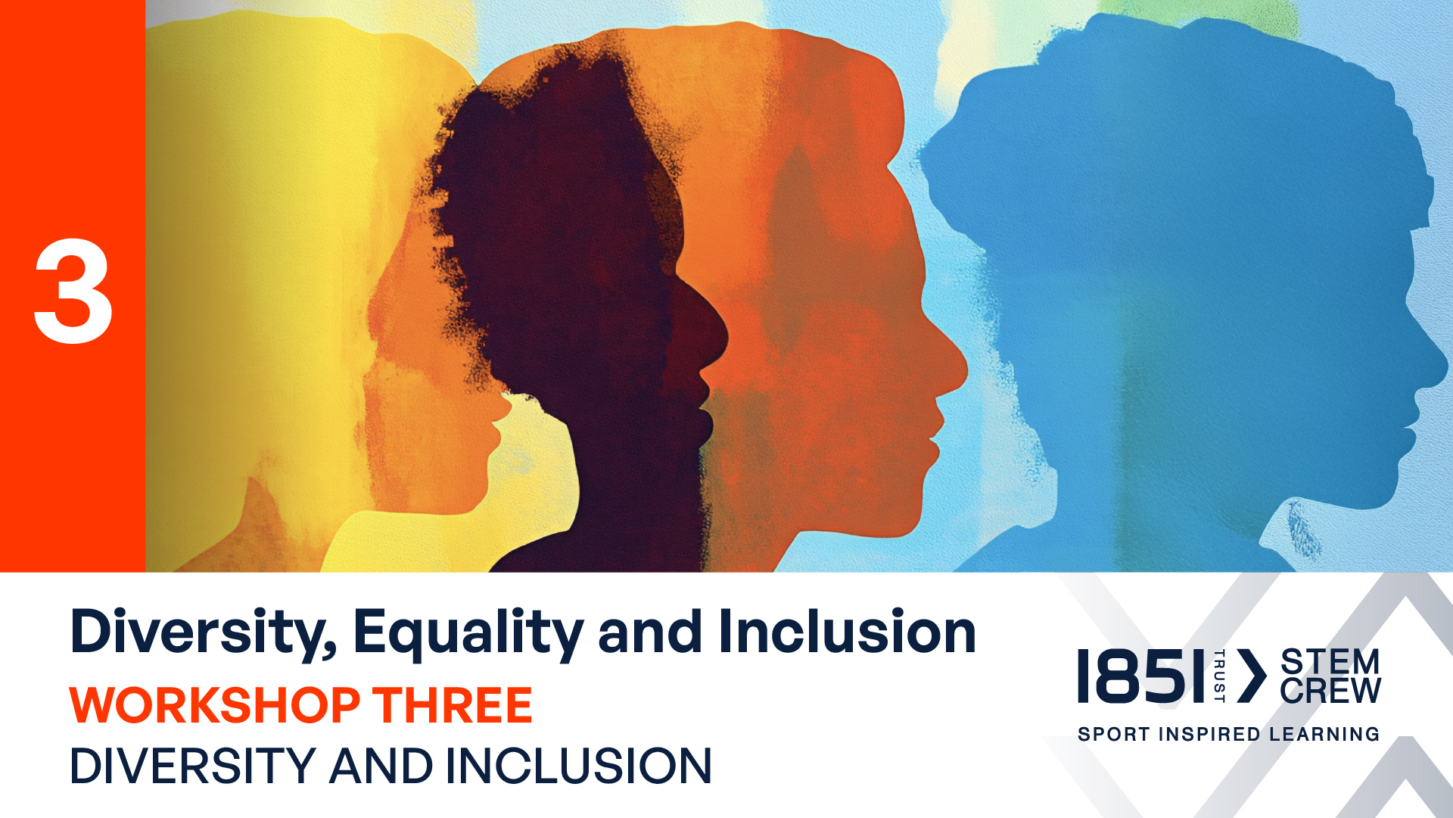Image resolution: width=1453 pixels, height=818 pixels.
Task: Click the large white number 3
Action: [x=73, y=291]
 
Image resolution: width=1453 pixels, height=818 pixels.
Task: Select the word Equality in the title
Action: [x=468, y=633]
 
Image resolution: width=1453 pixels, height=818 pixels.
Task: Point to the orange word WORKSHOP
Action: [x=215, y=705]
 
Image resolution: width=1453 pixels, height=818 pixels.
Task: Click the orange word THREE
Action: [x=452, y=705]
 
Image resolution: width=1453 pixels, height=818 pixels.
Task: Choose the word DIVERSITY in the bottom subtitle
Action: [x=193, y=766]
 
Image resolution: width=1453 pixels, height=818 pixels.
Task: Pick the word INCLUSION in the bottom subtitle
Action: [x=579, y=766]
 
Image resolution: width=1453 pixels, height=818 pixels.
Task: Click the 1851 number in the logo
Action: [x=1140, y=676]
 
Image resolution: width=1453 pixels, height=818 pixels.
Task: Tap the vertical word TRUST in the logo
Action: [x=1219, y=676]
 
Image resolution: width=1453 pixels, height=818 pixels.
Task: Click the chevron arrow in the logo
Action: [x=1252, y=676]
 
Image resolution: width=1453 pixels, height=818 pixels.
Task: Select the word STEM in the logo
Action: [x=1330, y=662]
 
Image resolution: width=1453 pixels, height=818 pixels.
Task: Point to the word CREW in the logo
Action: [x=1330, y=690]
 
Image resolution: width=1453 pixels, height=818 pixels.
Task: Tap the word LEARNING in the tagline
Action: [x=1324, y=734]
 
